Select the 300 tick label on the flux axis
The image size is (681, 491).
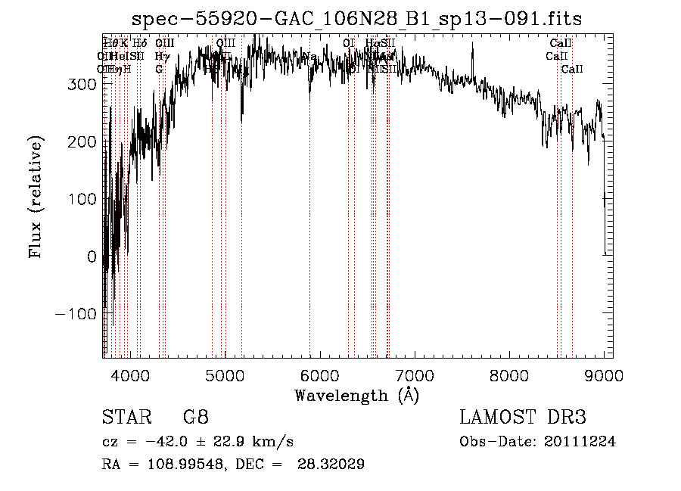(x=82, y=85)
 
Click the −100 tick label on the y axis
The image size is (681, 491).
(x=76, y=314)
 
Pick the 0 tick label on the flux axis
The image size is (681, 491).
(x=92, y=256)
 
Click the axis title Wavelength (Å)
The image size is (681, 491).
(x=356, y=395)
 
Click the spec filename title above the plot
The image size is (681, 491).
(x=356, y=18)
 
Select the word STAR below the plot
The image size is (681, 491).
(x=126, y=418)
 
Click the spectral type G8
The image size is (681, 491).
(x=195, y=418)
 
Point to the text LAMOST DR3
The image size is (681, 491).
(x=523, y=418)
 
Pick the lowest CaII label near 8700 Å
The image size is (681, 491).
(x=572, y=69)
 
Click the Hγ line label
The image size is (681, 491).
(x=162, y=56)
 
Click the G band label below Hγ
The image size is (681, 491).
(x=159, y=69)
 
